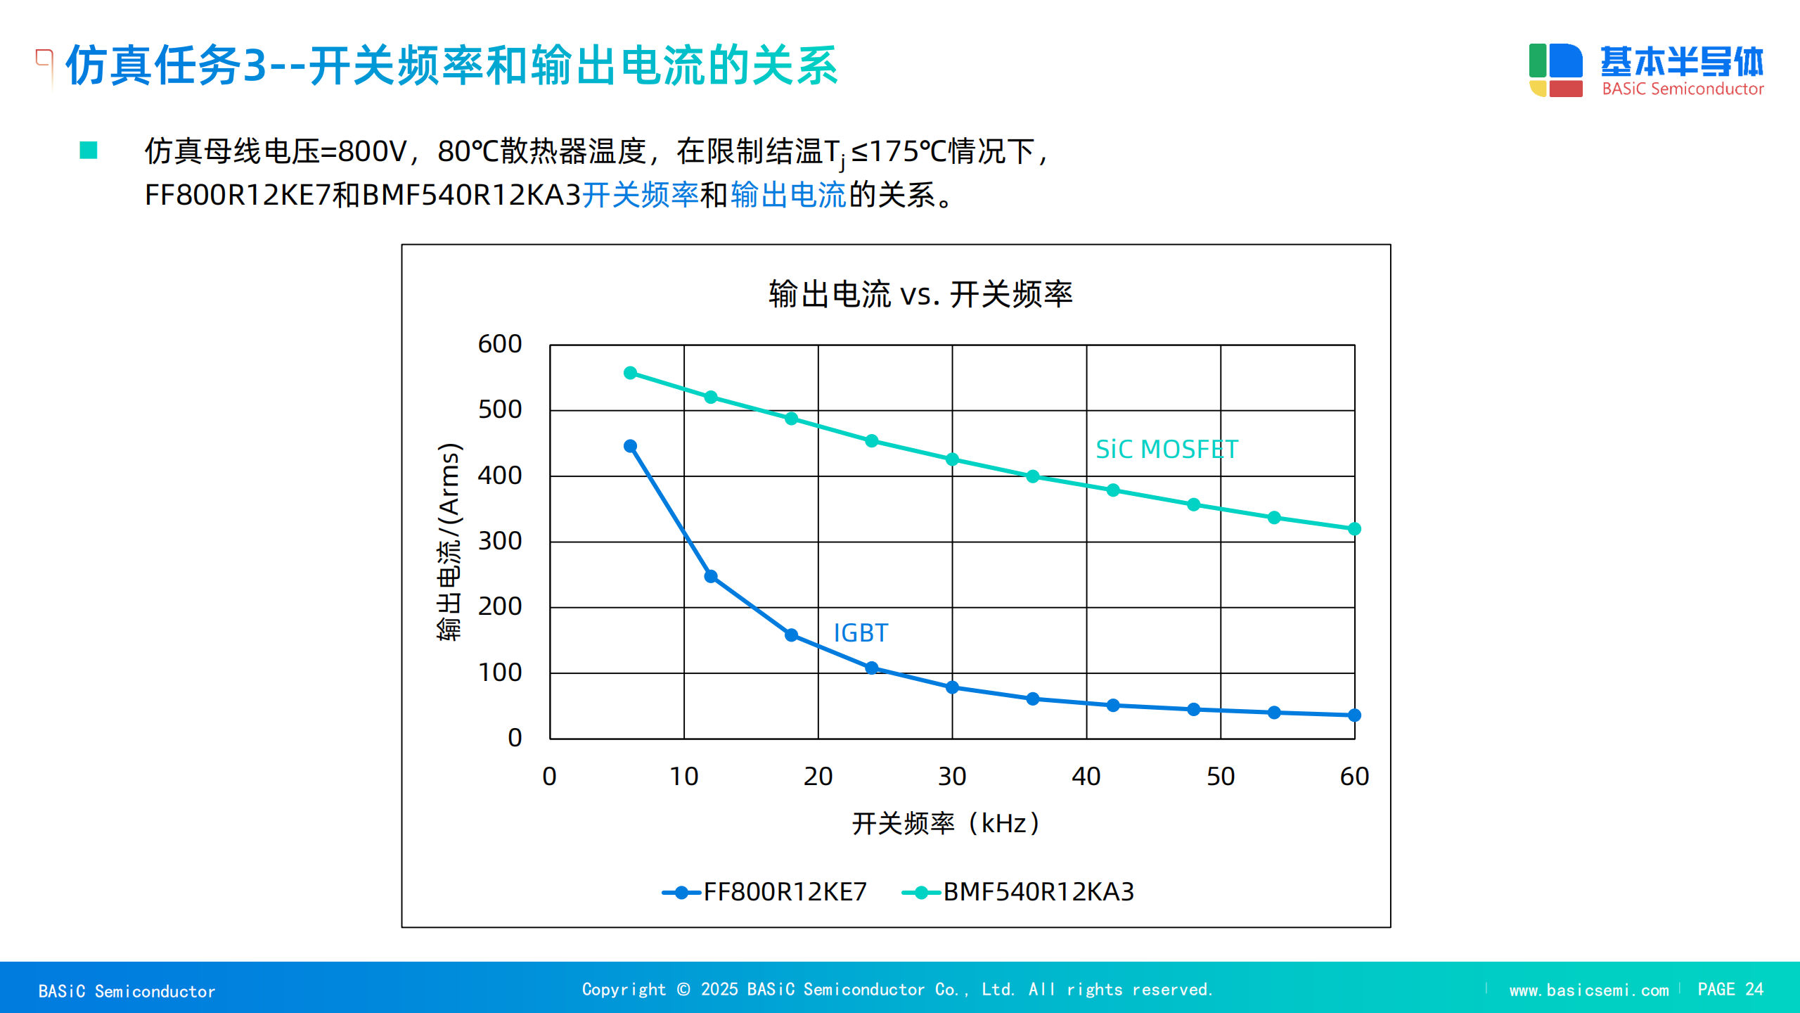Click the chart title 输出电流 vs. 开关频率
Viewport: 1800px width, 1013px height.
[920, 294]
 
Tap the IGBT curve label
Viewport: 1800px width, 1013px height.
[861, 633]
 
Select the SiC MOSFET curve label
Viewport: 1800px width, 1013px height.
[1166, 450]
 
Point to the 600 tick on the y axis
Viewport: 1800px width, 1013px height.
[500, 344]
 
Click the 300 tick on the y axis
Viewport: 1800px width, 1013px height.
[500, 541]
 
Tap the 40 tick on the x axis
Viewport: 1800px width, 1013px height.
[1086, 777]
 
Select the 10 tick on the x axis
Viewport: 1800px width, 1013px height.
[683, 777]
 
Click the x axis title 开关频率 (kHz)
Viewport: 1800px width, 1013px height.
[946, 823]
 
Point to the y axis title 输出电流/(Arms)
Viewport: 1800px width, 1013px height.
[449, 542]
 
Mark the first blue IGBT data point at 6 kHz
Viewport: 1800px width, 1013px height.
[631, 446]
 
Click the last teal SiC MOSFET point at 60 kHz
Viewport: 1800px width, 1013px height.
[1354, 529]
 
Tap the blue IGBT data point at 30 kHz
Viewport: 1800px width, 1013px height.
[952, 687]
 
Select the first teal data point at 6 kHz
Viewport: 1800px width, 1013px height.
[631, 373]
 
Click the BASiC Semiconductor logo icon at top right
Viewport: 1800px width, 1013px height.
[1555, 70]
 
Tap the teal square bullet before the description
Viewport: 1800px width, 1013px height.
[89, 150]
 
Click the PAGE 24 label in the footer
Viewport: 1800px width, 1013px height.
[1730, 990]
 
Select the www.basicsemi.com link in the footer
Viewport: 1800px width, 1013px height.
[1588, 990]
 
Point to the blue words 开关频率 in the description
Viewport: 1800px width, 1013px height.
[640, 195]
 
